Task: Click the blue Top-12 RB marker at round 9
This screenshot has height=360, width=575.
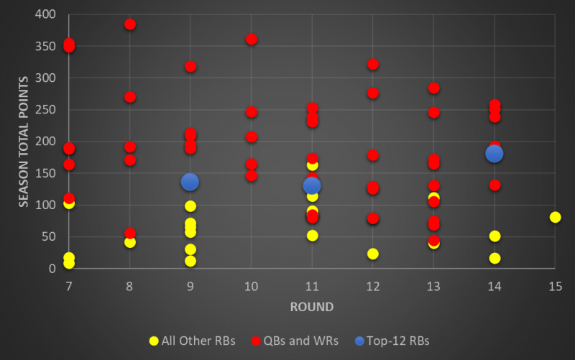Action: point(190,182)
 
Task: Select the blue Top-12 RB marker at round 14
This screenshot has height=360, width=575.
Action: point(494,153)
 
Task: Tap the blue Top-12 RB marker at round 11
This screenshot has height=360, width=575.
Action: point(312,186)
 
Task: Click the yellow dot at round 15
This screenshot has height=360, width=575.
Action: point(556,217)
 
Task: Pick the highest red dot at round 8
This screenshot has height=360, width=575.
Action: point(130,24)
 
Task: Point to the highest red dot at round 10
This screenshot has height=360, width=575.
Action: point(252,39)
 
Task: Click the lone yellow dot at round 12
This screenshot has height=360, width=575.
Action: point(373,254)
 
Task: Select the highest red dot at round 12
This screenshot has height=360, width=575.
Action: point(373,64)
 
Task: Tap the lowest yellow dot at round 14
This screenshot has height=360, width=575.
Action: point(494,258)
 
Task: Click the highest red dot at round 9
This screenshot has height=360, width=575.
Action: point(190,66)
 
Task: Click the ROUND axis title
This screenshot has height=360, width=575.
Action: point(311,307)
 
